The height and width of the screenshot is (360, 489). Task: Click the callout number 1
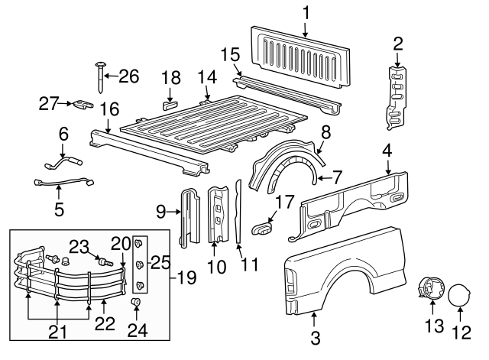pos(306,12)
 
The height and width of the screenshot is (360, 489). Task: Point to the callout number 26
pos(130,76)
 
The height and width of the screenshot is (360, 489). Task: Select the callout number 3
pos(315,336)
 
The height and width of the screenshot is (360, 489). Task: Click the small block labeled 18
pos(170,99)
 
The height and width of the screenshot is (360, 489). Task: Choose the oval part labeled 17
pos(263,226)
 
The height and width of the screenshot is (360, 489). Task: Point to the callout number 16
pos(109,109)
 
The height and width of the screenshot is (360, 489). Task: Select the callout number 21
pos(58,334)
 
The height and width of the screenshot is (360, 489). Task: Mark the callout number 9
pos(160,210)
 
